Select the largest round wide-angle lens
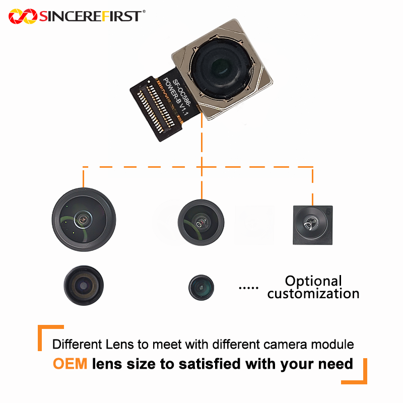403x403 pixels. (84, 219)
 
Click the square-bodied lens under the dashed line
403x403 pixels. (312, 225)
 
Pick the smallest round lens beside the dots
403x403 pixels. (201, 287)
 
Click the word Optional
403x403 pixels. (313, 281)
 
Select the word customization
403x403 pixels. (313, 293)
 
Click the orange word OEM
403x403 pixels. (70, 363)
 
